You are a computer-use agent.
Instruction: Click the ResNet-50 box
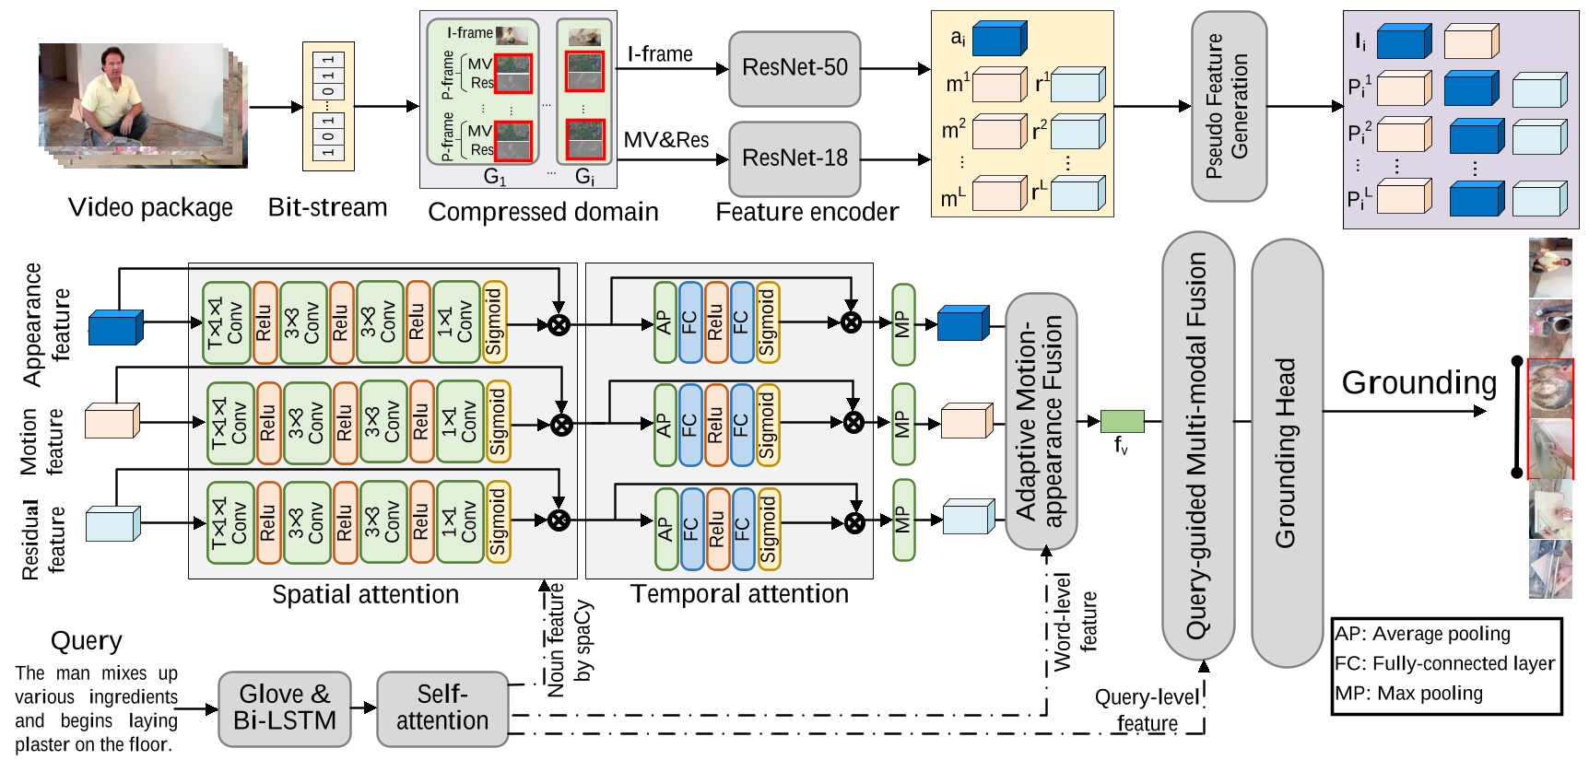coord(794,68)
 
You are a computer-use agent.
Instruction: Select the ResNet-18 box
coord(794,158)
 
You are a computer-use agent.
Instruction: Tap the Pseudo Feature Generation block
coord(1229,106)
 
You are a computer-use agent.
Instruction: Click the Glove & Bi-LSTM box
coord(285,707)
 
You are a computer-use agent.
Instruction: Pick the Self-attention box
coord(442,707)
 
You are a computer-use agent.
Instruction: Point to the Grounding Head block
coord(1287,453)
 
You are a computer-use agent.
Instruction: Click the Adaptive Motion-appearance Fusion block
coord(1042,421)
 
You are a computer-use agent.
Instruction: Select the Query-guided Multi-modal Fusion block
coord(1197,446)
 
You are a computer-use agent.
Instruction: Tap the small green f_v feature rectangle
coord(1122,422)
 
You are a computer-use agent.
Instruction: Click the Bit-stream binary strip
coord(328,106)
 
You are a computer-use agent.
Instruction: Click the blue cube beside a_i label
coord(999,39)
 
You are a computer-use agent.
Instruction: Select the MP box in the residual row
coord(904,520)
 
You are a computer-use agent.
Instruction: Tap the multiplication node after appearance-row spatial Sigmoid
coord(559,323)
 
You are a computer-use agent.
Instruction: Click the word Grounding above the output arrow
coord(1418,382)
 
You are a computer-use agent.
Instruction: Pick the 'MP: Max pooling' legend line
coord(1408,694)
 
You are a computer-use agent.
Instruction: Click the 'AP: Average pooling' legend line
coord(1422,634)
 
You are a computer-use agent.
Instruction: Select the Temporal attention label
coord(739,594)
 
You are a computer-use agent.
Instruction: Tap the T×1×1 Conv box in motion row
coord(229,423)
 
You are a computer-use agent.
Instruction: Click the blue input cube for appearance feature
coord(115,327)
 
